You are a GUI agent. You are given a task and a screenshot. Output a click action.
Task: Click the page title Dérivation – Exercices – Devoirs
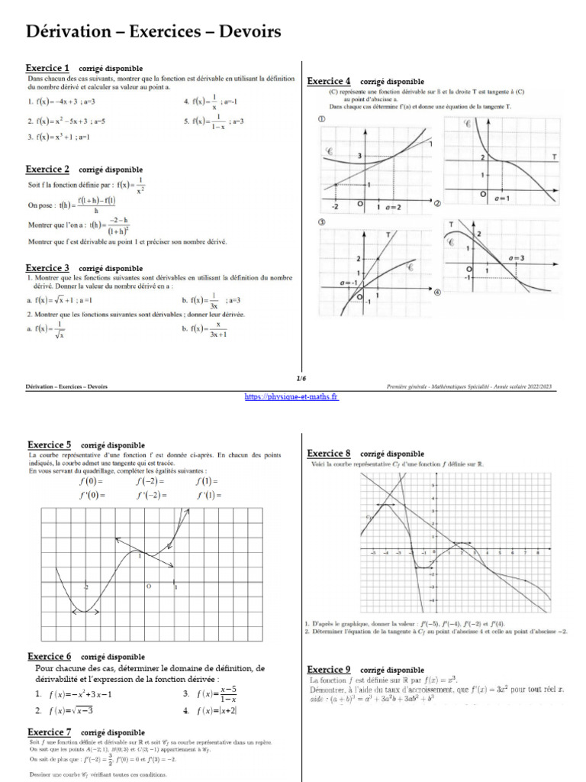click(154, 32)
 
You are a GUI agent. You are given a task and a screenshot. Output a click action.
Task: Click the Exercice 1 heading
click(47, 68)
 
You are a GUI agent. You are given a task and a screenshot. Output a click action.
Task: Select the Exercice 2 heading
click(47, 169)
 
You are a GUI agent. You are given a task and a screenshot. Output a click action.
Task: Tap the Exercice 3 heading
click(47, 268)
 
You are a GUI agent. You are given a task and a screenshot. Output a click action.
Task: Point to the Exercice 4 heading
click(329, 81)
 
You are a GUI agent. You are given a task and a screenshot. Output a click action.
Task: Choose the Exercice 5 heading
click(50, 444)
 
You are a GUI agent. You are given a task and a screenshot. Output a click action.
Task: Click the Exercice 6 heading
click(50, 656)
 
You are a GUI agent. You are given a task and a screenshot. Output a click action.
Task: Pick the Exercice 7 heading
click(50, 732)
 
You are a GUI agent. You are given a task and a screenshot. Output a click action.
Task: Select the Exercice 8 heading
click(329, 453)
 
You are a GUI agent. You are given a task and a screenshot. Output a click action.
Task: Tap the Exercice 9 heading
click(329, 669)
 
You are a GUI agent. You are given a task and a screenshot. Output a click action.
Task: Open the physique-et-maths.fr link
click(292, 396)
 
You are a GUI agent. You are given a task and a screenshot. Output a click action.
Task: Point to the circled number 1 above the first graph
click(322, 120)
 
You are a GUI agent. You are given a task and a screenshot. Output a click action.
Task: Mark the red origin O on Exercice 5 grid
click(150, 586)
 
